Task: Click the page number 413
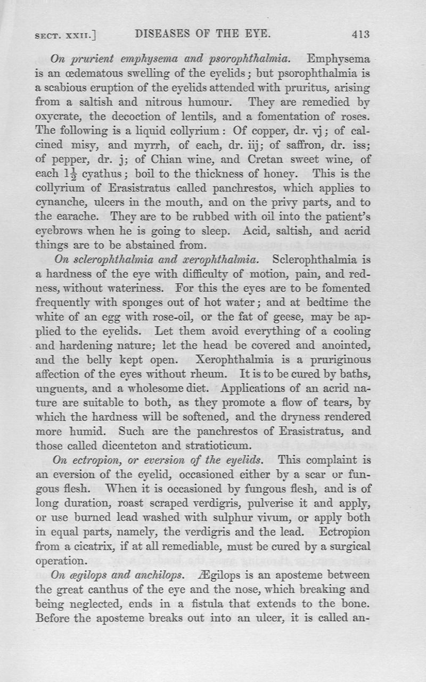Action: point(361,35)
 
